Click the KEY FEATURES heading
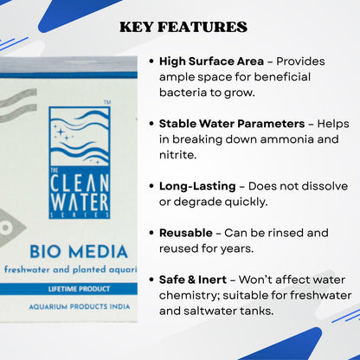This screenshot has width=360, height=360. (183, 27)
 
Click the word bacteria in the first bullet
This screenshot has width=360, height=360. (187, 92)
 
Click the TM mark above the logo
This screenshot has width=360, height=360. (106, 103)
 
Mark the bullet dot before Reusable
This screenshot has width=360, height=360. (151, 234)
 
